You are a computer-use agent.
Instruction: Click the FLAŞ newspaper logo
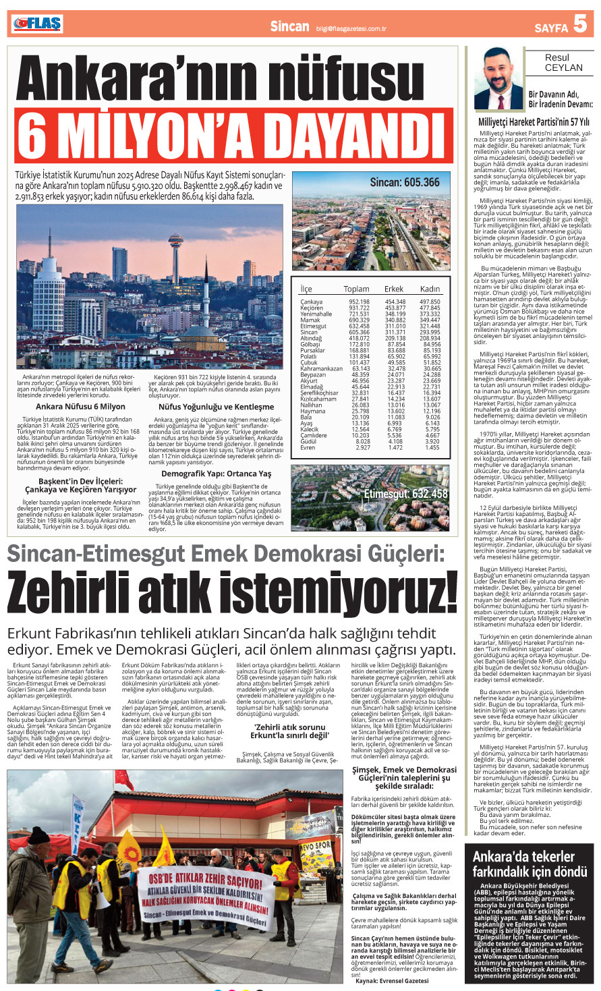point(37,24)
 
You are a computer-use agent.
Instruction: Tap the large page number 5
point(580,25)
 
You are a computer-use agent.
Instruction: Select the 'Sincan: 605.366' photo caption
point(405,182)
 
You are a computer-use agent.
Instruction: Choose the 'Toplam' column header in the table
point(356,289)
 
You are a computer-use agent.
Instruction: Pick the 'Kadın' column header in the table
point(430,289)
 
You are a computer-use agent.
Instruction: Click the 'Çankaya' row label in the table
point(312,302)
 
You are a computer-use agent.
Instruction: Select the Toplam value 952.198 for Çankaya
point(359,302)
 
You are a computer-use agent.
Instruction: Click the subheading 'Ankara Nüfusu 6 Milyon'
point(80,407)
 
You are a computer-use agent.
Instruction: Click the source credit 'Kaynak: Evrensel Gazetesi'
point(392,981)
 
